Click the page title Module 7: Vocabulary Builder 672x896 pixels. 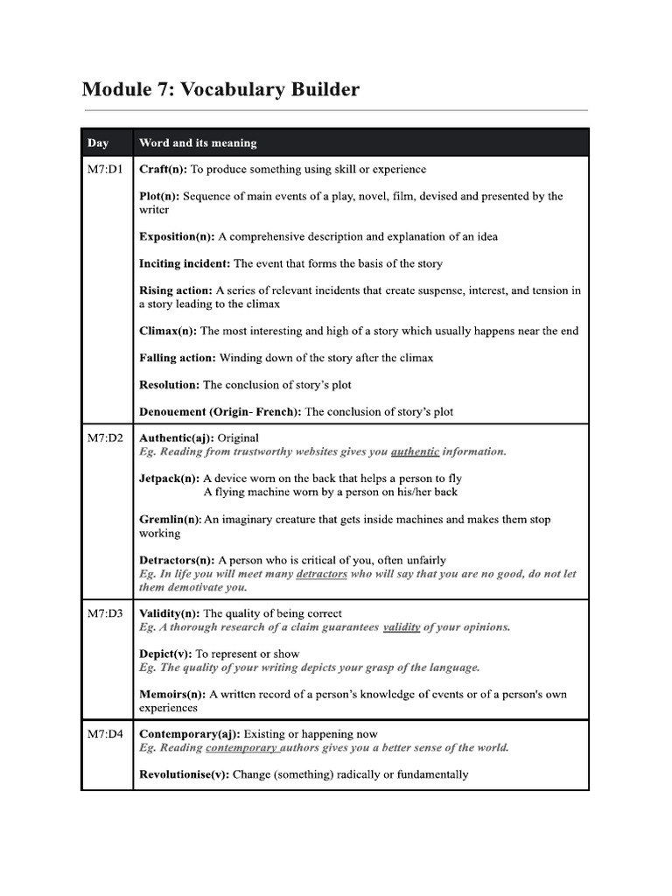(220, 89)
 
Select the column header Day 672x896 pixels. (97, 143)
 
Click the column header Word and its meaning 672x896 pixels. (198, 143)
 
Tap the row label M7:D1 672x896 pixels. (105, 169)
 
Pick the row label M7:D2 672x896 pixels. (105, 437)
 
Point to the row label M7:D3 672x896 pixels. (105, 613)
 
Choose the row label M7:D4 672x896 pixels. (105, 734)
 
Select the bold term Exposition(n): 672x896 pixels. (177, 236)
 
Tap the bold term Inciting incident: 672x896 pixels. (185, 263)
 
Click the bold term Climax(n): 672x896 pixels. (168, 331)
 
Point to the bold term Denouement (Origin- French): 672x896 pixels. (220, 411)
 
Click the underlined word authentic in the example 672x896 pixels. (415, 451)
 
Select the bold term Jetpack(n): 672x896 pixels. (170, 479)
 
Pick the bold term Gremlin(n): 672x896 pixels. (171, 519)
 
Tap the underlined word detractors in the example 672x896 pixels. (321, 574)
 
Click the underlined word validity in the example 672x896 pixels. (402, 627)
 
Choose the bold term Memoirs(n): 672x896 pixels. (172, 694)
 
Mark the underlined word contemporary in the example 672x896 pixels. (241, 748)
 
